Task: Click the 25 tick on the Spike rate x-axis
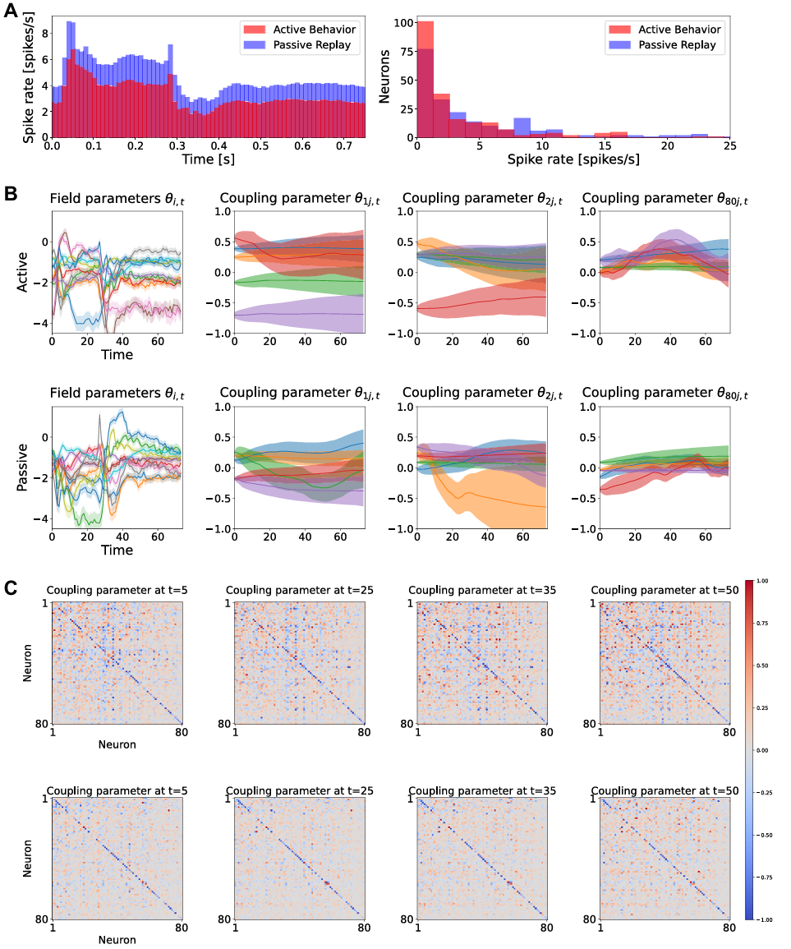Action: [x=729, y=145]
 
